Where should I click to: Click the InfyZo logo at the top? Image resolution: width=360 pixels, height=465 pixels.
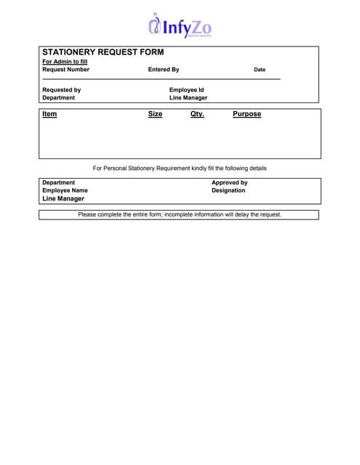pyautogui.click(x=180, y=27)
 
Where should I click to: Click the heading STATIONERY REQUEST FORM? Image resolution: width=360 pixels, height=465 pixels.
pyautogui.click(x=103, y=52)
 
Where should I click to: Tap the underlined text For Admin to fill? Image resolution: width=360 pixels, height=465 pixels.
pyautogui.click(x=65, y=62)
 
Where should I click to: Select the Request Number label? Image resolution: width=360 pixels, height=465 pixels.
pyautogui.click(x=65, y=70)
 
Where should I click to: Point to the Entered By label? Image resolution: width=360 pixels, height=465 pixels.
pyautogui.click(x=163, y=70)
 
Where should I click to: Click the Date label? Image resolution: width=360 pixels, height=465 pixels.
pyautogui.click(x=260, y=70)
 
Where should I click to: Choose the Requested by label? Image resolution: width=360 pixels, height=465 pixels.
pyautogui.click(x=62, y=90)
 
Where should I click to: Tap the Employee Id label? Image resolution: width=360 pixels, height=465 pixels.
pyautogui.click(x=186, y=90)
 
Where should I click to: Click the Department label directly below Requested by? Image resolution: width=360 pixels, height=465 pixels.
pyautogui.click(x=58, y=97)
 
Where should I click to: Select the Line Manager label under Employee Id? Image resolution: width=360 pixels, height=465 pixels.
pyautogui.click(x=188, y=97)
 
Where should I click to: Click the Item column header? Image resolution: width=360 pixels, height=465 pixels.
pyautogui.click(x=49, y=114)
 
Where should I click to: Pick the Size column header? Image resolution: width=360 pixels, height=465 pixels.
pyautogui.click(x=155, y=114)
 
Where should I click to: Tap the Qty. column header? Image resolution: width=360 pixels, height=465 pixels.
pyautogui.click(x=197, y=114)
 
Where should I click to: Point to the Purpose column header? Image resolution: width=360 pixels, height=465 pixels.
pyautogui.click(x=247, y=114)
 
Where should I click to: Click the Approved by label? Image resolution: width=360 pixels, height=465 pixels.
pyautogui.click(x=229, y=182)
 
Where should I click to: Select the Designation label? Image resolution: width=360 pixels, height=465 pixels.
pyautogui.click(x=228, y=190)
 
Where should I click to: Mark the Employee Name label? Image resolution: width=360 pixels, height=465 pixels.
pyautogui.click(x=65, y=190)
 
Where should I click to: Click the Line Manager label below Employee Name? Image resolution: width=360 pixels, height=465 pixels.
pyautogui.click(x=63, y=198)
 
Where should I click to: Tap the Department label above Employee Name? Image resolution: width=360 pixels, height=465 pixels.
pyautogui.click(x=58, y=182)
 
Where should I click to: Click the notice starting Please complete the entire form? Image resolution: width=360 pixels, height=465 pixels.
pyautogui.click(x=180, y=214)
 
